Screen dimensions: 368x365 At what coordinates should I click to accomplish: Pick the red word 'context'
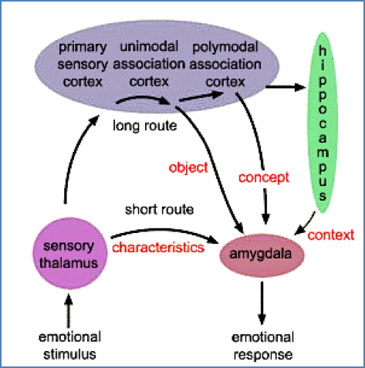pyautogui.click(x=330, y=232)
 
